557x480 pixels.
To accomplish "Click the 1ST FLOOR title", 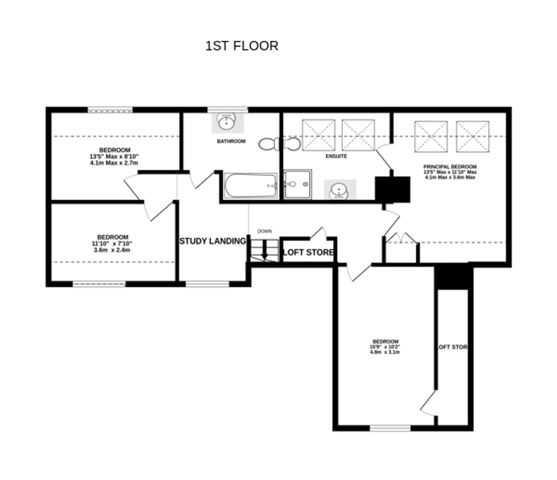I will pyautogui.click(x=241, y=46).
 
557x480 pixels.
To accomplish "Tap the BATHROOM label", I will pyautogui.click(x=231, y=141).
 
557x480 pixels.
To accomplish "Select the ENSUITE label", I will pyautogui.click(x=336, y=156).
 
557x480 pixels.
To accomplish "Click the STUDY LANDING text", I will pyautogui.click(x=213, y=241).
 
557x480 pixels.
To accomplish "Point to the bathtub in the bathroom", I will pyautogui.click(x=250, y=186).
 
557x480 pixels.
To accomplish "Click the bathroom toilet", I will pyautogui.click(x=269, y=144).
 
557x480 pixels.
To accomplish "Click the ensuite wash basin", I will pyautogui.click(x=339, y=191).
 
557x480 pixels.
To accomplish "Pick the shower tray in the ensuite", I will pyautogui.click(x=297, y=184).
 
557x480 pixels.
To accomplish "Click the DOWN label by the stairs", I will pyautogui.click(x=264, y=231).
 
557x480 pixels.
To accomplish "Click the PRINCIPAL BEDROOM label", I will pyautogui.click(x=450, y=167).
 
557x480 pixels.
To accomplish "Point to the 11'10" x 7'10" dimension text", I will pyautogui.click(x=112, y=244).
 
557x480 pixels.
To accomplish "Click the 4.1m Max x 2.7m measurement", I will pyautogui.click(x=114, y=163).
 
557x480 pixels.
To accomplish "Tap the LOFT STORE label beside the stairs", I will pyautogui.click(x=308, y=252).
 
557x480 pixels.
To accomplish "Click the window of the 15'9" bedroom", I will pyautogui.click(x=390, y=428).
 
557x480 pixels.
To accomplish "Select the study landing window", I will pyautogui.click(x=207, y=284).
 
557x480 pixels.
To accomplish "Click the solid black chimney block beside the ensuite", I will pyautogui.click(x=392, y=189).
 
